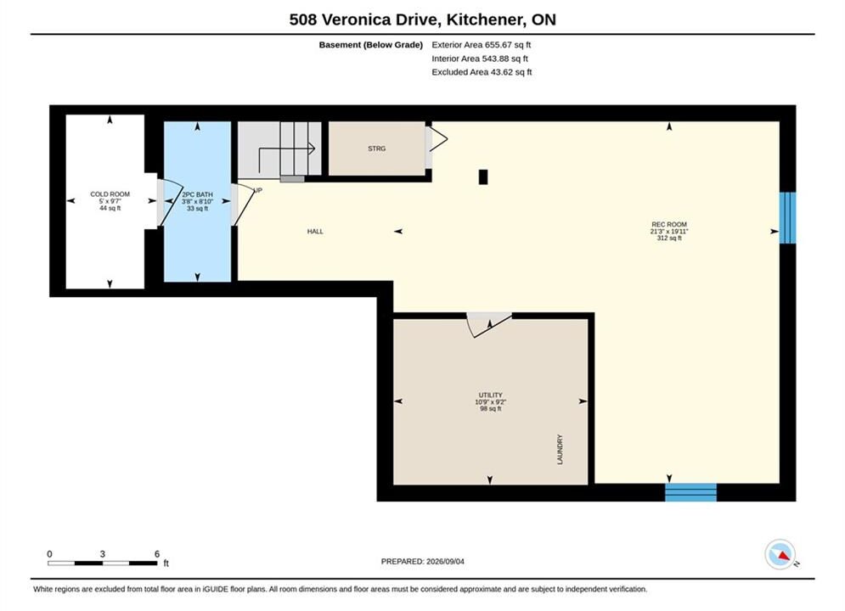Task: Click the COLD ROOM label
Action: tap(110, 194)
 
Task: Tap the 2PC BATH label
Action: tap(197, 194)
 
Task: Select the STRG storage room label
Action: tap(377, 149)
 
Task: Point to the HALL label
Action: tap(315, 232)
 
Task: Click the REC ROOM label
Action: tap(669, 225)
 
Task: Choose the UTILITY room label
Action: tap(490, 395)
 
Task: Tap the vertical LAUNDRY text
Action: tap(560, 450)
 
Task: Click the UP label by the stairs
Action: tap(258, 190)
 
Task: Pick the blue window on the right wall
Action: tap(787, 217)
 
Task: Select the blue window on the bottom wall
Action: tap(691, 492)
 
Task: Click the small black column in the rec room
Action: tap(483, 177)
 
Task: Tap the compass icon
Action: tap(780, 554)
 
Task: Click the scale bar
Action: tap(103, 563)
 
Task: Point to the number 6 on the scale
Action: tap(157, 553)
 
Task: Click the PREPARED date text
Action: tap(423, 562)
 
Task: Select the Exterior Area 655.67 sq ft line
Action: tap(482, 45)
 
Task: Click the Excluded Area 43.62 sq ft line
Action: tap(482, 71)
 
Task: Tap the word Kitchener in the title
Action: tap(484, 20)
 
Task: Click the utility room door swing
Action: tap(489, 325)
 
